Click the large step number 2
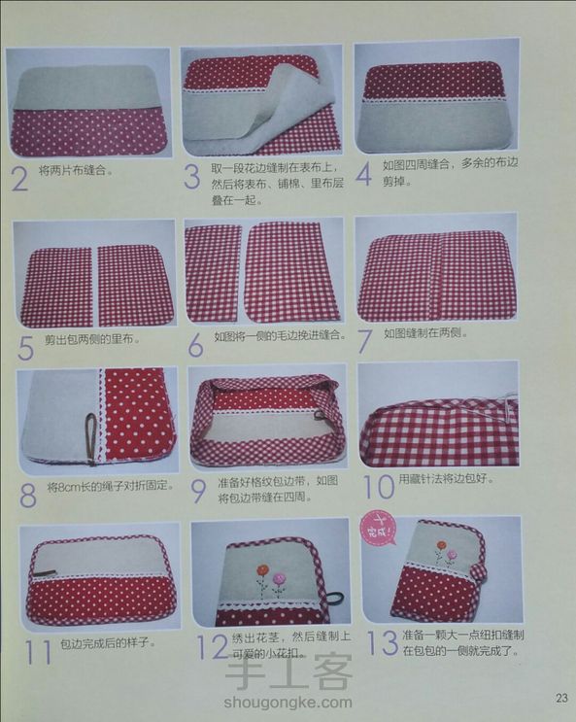19,179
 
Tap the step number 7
364,341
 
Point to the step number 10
379,487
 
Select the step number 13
382,642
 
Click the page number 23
561,698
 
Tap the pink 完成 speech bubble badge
380,528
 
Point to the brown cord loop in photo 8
91,437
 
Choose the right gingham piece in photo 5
136,285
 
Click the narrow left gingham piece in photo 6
213,273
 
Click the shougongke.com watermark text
288,704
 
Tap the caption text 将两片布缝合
76,171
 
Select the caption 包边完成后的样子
107,642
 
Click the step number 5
26,347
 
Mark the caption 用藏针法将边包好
446,479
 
